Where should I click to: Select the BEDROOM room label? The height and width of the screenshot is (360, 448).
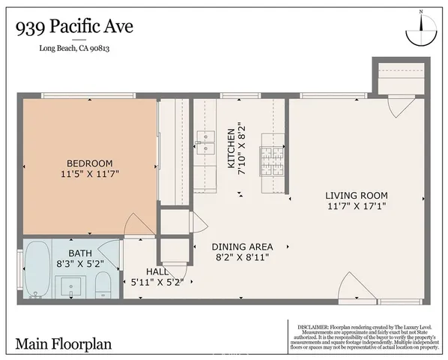(89, 163)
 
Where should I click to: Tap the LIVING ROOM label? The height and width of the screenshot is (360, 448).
(357, 196)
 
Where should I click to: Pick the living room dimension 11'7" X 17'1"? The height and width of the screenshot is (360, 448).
(357, 206)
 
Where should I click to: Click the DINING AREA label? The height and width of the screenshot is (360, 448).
(241, 247)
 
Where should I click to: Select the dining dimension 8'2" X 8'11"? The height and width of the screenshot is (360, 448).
(241, 257)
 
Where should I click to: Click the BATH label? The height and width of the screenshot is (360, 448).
(79, 253)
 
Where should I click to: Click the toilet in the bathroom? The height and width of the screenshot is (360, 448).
(104, 283)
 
